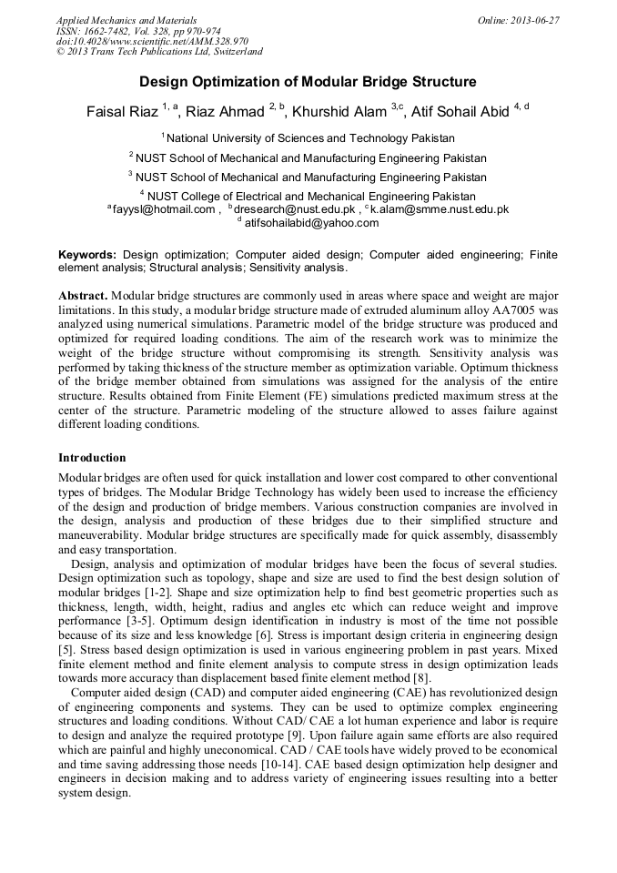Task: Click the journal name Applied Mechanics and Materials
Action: tap(126, 20)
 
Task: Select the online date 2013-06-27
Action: tap(518, 20)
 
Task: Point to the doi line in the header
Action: tap(152, 41)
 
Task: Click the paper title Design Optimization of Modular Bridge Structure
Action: tap(308, 82)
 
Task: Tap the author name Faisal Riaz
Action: tap(122, 112)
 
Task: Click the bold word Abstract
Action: tap(83, 297)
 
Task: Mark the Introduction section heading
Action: tap(92, 457)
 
